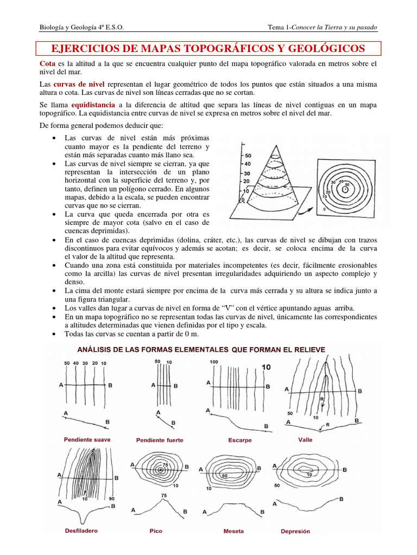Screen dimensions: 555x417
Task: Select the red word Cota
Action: click(48, 64)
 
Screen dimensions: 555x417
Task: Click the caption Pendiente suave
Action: click(87, 440)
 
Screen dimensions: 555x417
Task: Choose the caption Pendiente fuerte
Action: click(160, 440)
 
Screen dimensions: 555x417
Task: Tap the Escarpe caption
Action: click(239, 440)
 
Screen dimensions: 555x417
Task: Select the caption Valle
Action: click(306, 440)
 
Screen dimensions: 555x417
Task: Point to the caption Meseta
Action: click(233, 531)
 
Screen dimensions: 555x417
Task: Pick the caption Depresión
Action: click(295, 531)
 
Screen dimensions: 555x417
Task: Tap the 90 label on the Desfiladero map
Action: click(111, 498)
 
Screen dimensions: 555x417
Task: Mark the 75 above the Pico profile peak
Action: click(164, 495)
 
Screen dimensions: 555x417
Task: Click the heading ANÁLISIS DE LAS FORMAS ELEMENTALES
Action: click(201, 350)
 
